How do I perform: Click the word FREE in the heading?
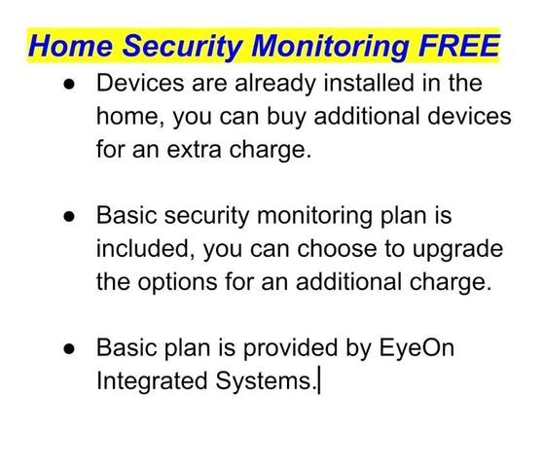pos(458,46)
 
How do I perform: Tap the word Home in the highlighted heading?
pos(71,46)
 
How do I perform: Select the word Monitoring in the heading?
pos(330,47)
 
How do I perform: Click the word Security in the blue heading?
pos(183,47)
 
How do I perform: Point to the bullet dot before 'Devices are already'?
pos(69,85)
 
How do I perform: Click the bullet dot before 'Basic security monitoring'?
pos(69,217)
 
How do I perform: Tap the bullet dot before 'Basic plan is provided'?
pos(69,348)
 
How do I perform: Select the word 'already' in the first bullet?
pos(275,85)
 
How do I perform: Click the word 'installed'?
pos(369,83)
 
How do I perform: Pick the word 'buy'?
pos(286,118)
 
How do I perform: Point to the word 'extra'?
pos(194,150)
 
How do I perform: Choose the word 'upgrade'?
pos(457,250)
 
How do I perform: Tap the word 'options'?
pos(177,283)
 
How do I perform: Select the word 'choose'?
pos(337,248)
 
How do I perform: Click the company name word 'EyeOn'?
pos(417,348)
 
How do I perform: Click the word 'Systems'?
pos(264,381)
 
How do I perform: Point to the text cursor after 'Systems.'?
pos(319,381)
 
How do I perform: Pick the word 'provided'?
pos(290,347)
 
